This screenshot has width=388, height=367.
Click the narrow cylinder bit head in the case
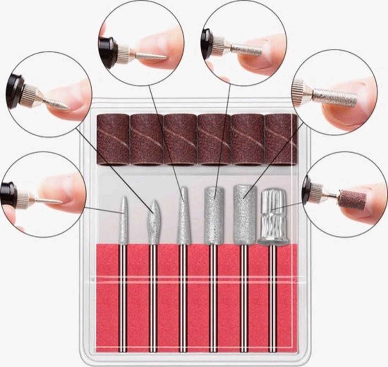coord(213,215)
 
